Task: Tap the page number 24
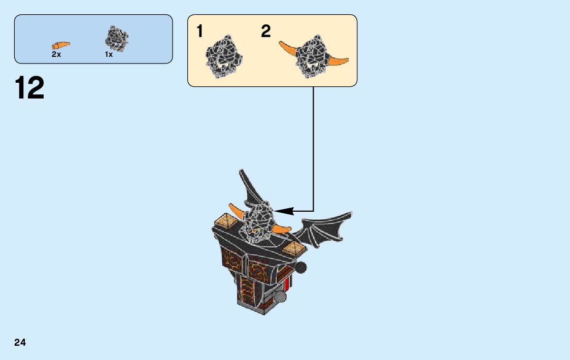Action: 20,343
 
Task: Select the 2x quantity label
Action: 56,54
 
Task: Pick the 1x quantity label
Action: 109,54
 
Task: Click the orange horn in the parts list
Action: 60,45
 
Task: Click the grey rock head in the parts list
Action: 116,39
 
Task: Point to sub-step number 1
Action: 200,31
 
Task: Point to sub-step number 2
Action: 266,31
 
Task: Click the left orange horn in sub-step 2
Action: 288,48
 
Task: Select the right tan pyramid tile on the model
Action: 293,247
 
